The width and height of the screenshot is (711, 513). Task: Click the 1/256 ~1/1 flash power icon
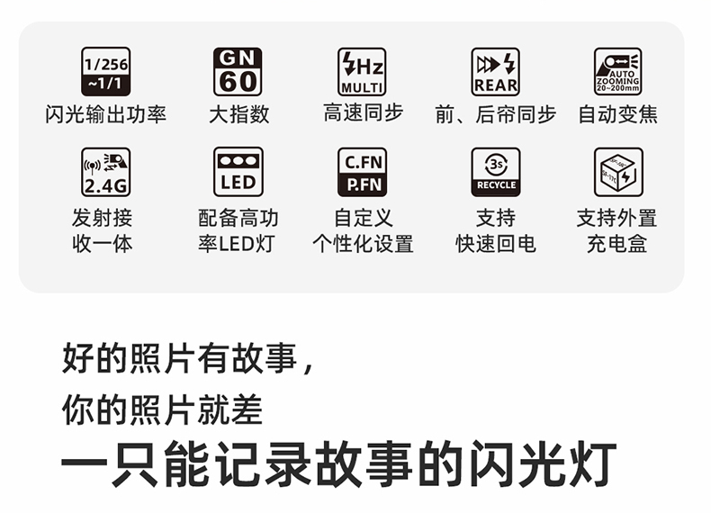106,72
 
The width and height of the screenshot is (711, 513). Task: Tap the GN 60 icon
238,72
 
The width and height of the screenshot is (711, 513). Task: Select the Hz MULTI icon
362,72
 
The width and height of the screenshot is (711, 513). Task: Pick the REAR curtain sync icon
495,72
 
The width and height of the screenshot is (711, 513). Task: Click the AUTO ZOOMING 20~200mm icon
617,72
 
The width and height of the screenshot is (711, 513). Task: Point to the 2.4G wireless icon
106,172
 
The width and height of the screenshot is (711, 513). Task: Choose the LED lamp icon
238,172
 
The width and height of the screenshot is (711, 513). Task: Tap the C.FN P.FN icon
362,172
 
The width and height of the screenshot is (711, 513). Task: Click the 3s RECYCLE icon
495,172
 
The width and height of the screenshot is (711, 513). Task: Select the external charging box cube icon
617,172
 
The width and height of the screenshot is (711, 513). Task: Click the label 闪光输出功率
106,114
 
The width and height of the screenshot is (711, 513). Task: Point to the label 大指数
238,114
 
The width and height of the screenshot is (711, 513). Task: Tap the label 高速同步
363,113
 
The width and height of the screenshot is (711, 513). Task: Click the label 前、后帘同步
495,114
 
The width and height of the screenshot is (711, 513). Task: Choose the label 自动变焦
617,114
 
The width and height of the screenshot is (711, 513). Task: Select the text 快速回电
495,244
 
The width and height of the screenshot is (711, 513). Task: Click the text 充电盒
617,244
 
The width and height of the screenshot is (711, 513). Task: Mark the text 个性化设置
363,244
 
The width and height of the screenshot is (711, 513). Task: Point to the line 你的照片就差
162,409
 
